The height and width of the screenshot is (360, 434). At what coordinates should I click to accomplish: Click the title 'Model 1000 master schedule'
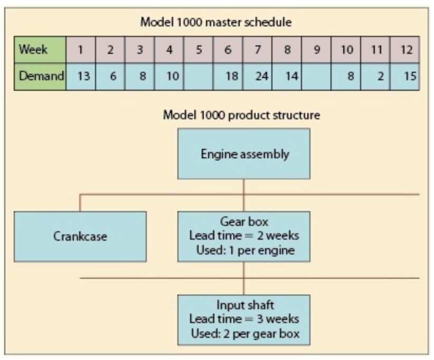(x=216, y=23)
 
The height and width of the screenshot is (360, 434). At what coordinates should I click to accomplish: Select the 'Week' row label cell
(x=40, y=50)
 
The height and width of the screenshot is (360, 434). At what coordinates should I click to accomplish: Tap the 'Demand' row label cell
(x=40, y=76)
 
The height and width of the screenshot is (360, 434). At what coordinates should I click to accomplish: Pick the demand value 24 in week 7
(x=258, y=76)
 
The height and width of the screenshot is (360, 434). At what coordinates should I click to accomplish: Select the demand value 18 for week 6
(x=228, y=76)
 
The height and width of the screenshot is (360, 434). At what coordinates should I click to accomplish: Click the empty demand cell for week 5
(x=199, y=76)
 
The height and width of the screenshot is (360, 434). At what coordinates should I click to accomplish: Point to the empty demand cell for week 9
(x=317, y=76)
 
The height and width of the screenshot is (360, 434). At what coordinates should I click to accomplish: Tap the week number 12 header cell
(x=405, y=50)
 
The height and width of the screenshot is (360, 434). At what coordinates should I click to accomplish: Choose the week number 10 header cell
(x=346, y=50)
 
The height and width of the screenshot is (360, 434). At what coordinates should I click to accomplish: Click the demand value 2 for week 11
(x=376, y=76)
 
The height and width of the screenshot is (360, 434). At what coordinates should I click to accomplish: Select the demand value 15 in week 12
(x=405, y=76)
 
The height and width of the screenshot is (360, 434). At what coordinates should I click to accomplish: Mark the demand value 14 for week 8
(x=287, y=76)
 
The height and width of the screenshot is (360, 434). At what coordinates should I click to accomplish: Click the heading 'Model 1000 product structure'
(x=241, y=115)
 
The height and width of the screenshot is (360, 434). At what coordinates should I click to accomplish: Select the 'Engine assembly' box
(x=244, y=154)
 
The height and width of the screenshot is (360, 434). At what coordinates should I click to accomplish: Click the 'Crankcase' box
(x=80, y=236)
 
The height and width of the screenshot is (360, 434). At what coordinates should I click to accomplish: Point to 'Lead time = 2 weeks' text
(x=244, y=236)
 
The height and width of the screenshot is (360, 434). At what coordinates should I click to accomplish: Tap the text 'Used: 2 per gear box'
(x=244, y=334)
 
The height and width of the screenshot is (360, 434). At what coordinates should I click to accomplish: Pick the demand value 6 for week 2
(x=110, y=76)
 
